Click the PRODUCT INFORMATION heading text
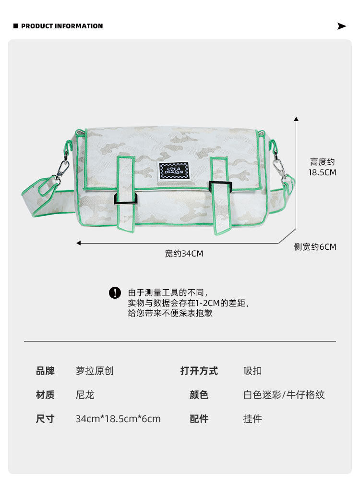(62, 26)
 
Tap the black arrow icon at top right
(342, 26)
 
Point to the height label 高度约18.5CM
(322, 167)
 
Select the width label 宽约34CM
(184, 253)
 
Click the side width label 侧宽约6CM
(315, 247)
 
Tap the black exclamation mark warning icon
(115, 293)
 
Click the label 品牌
(45, 371)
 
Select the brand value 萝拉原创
(95, 371)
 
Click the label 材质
(45, 395)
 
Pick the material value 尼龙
(85, 395)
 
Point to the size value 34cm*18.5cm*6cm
(118, 419)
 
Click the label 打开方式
(199, 371)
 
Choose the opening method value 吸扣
(252, 371)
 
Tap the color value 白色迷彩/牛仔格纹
(284, 395)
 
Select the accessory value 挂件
(252, 419)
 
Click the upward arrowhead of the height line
(296, 118)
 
